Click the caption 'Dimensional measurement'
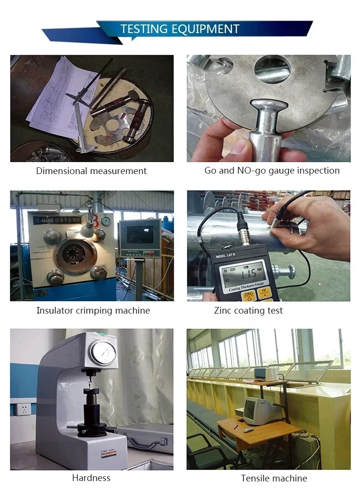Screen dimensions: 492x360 [91, 171]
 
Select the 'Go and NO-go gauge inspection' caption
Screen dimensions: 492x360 [272, 170]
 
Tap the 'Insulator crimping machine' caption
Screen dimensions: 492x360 [93, 310]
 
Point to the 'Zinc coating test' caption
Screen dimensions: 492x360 [248, 310]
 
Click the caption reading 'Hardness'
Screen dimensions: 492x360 [91, 478]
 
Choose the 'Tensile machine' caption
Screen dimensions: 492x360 [274, 478]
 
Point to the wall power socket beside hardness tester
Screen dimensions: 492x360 [22, 410]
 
